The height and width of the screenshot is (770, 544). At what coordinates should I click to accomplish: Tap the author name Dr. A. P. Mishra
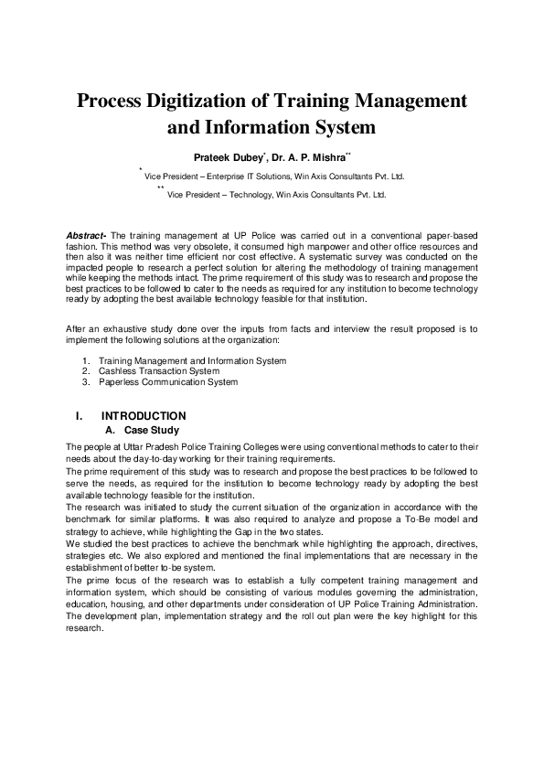[x=310, y=157]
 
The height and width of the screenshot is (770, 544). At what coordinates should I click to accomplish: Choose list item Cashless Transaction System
[x=158, y=371]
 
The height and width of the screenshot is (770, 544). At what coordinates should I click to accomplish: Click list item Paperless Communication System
[x=167, y=381]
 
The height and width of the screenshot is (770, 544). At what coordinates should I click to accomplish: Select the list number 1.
[x=85, y=361]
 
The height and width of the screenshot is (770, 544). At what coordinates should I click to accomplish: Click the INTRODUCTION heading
[x=144, y=416]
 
